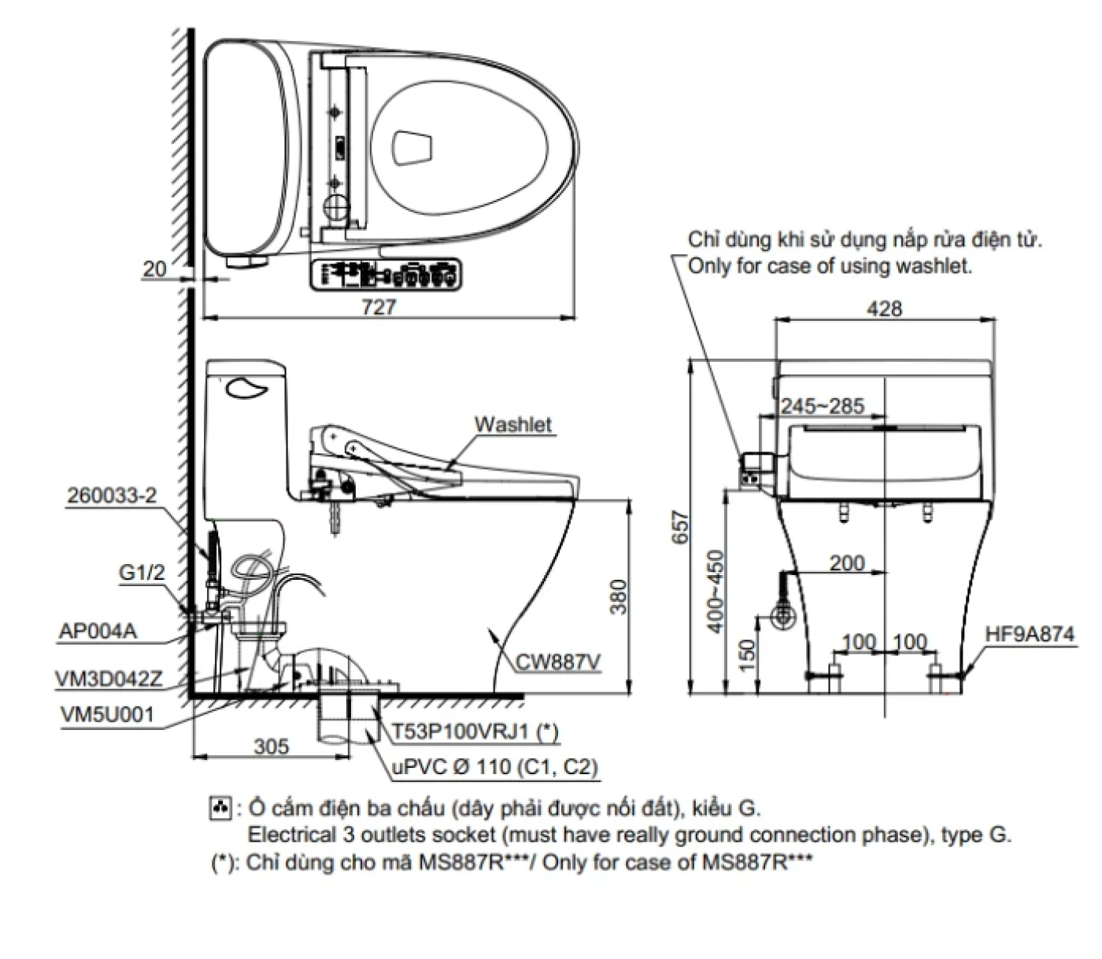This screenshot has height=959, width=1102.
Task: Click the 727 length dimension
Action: click(x=379, y=307)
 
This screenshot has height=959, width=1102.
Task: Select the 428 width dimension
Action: click(x=884, y=308)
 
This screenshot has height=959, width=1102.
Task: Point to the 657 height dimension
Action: click(x=681, y=528)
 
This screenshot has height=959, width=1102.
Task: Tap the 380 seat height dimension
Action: click(x=619, y=596)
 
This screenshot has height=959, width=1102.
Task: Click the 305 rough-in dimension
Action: click(x=271, y=745)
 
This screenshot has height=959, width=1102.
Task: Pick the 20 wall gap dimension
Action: click(x=154, y=268)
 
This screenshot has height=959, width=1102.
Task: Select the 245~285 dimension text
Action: click(x=822, y=406)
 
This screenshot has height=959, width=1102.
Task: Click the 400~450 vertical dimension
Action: click(x=715, y=590)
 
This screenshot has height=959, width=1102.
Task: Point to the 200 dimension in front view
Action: click(x=846, y=562)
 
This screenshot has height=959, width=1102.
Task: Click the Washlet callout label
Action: click(x=512, y=425)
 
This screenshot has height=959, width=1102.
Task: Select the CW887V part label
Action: click(x=557, y=662)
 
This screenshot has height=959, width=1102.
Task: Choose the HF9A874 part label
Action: click(x=1030, y=634)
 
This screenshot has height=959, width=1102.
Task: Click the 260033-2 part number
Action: click(x=112, y=496)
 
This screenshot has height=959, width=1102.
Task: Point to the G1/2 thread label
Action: click(x=142, y=573)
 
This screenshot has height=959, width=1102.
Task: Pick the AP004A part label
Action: click(x=98, y=631)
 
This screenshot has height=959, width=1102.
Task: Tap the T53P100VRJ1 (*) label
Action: click(x=475, y=732)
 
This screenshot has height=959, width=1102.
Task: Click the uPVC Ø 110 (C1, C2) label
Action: click(x=494, y=766)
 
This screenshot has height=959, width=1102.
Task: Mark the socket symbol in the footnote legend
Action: click(x=220, y=808)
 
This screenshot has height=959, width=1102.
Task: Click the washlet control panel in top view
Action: click(x=386, y=275)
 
